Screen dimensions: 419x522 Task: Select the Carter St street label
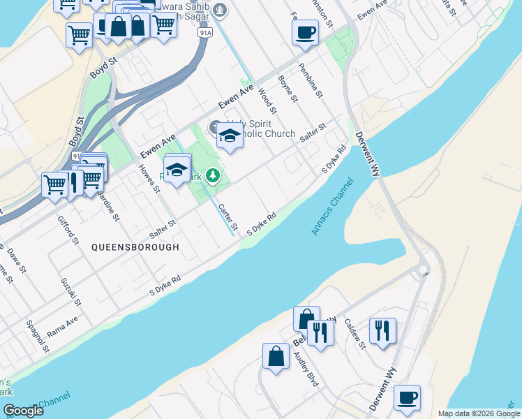[x=228, y=218]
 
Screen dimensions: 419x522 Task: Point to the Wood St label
[x=267, y=101]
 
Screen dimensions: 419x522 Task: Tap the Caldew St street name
[x=355, y=335]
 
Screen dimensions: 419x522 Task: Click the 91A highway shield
[x=204, y=33]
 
